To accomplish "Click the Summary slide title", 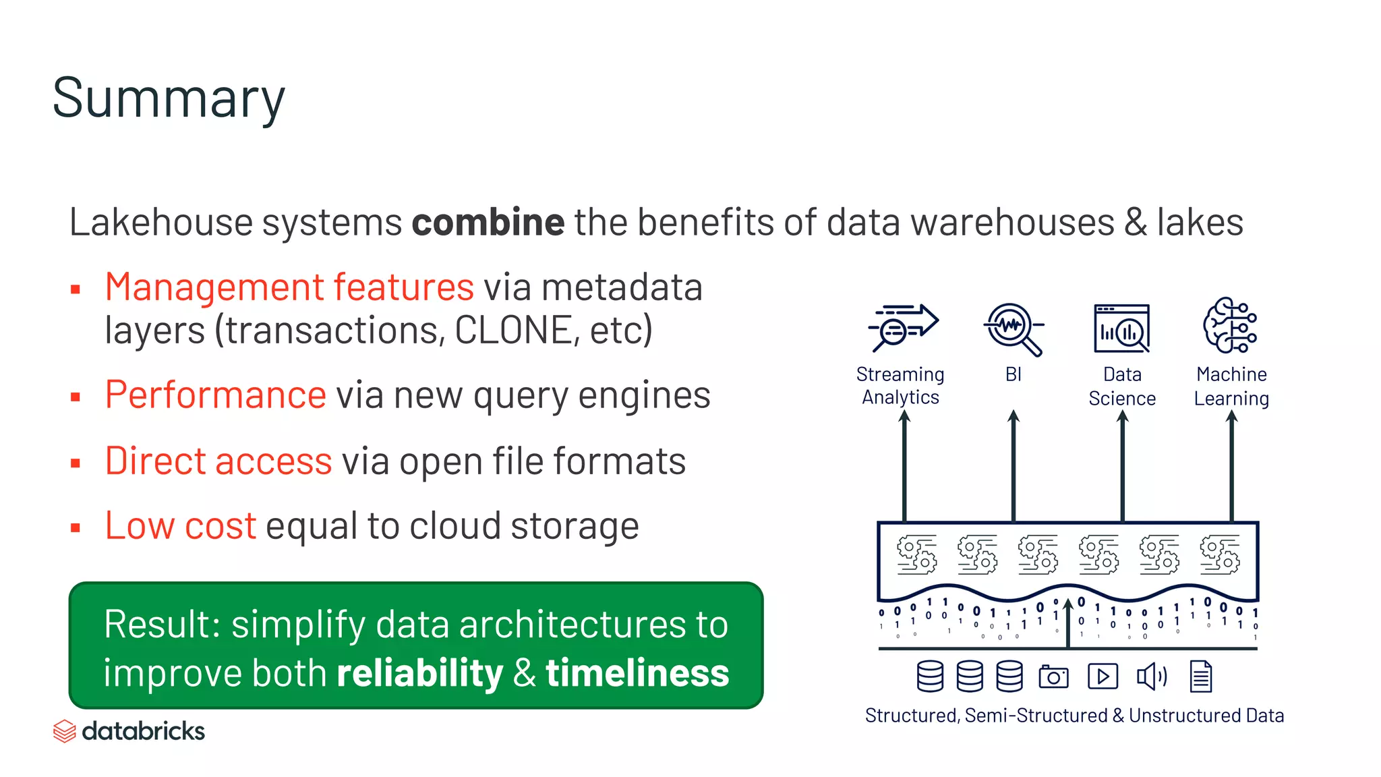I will click(x=169, y=98).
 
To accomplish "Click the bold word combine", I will click(x=488, y=223).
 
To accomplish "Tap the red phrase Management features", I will click(x=289, y=287).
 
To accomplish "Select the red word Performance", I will click(x=216, y=395).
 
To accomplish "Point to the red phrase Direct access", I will click(x=218, y=461).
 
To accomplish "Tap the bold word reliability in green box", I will click(x=419, y=673).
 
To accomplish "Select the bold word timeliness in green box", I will click(x=637, y=673).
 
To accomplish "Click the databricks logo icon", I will click(x=64, y=731).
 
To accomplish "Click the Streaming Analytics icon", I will click(x=902, y=327).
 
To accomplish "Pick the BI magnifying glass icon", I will click(x=1012, y=328).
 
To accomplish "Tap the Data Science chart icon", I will click(x=1121, y=328).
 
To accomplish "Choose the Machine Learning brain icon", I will click(x=1230, y=325).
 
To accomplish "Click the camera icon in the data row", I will click(x=1053, y=677).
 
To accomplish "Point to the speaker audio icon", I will click(x=1151, y=677).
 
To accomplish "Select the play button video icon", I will click(x=1103, y=677).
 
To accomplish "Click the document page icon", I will click(x=1200, y=677).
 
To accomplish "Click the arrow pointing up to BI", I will click(x=1013, y=465).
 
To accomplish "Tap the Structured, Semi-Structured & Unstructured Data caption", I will click(x=1074, y=716).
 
